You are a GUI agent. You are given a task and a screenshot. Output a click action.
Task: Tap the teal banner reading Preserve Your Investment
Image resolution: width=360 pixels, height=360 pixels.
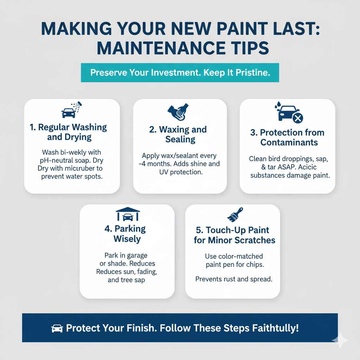pyautogui.click(x=180, y=73)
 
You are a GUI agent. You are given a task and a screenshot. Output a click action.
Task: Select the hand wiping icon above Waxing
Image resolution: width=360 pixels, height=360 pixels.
pyautogui.click(x=180, y=112)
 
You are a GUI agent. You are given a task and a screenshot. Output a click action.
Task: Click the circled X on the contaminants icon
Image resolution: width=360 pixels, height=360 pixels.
pyautogui.click(x=297, y=118)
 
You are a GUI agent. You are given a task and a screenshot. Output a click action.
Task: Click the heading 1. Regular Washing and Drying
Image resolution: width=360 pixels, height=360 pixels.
pyautogui.click(x=72, y=132)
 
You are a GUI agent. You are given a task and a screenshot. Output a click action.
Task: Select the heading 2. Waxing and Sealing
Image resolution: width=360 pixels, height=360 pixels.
pyautogui.click(x=180, y=134)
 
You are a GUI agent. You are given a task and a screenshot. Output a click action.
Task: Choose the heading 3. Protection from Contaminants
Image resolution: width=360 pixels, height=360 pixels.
pyautogui.click(x=287, y=137)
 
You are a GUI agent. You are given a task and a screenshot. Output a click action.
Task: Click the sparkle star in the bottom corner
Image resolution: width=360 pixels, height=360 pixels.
pyautogui.click(x=340, y=340)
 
